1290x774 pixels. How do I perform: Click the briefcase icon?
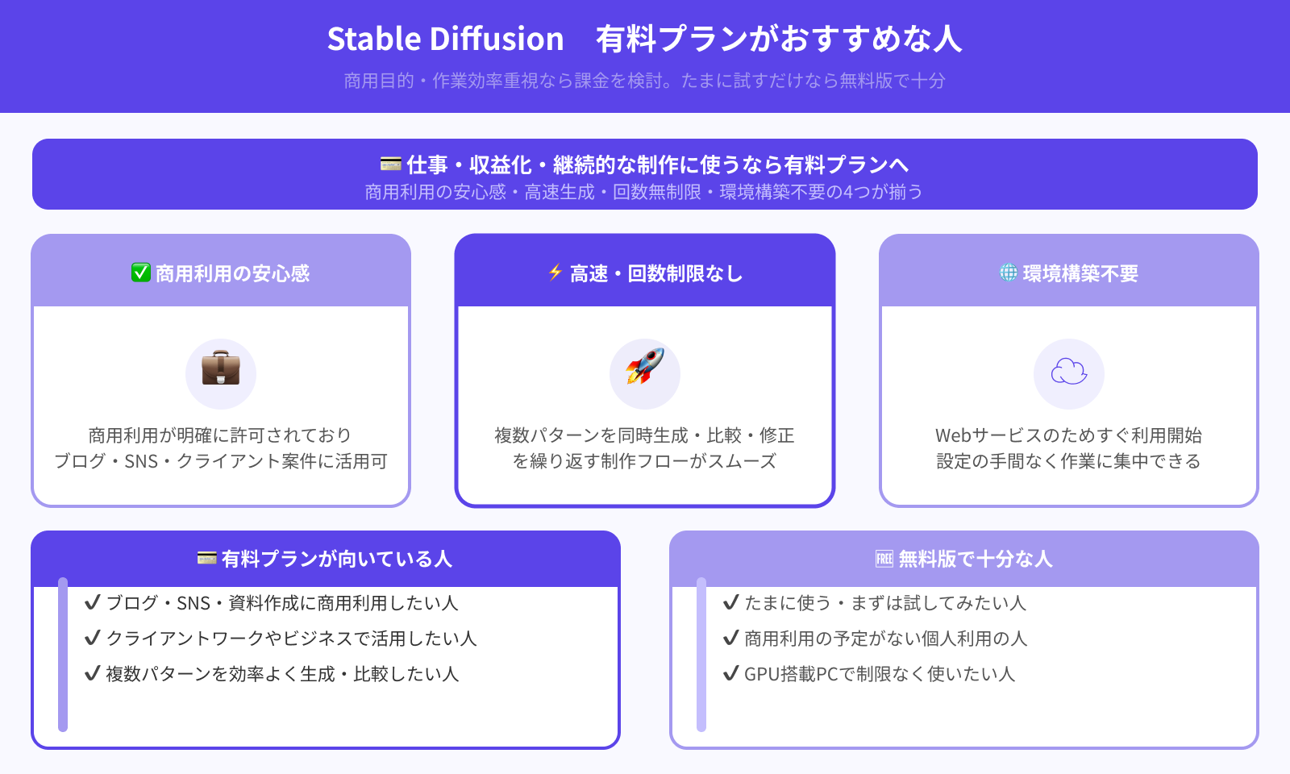(221, 369)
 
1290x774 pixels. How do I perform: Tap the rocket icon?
(645, 368)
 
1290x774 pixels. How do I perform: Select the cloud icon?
(1069, 372)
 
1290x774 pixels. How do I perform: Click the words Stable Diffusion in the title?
(445, 39)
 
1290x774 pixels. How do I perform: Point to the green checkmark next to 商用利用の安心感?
(141, 273)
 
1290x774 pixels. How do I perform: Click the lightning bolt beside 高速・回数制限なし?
(555, 273)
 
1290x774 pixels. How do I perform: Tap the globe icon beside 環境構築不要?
(1009, 273)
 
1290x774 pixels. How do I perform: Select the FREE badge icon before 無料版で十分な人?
(884, 559)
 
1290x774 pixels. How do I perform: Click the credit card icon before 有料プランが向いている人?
(207, 558)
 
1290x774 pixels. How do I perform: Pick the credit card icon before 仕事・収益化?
(391, 164)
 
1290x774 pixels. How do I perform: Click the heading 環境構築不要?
(1080, 274)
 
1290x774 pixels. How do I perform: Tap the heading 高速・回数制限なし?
(656, 274)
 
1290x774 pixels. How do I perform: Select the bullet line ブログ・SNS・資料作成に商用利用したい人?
(282, 603)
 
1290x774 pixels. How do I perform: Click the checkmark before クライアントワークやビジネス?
(93, 638)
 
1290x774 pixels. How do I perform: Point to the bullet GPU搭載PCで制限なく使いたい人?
(879, 674)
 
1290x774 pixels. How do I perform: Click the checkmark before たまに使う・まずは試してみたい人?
(731, 602)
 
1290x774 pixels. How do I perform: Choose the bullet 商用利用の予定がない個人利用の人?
(885, 639)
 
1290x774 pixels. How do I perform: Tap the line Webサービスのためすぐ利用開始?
(1068, 435)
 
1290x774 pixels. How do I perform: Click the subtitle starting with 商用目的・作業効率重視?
(644, 81)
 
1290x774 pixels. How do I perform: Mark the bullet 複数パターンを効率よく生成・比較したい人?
(282, 674)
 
